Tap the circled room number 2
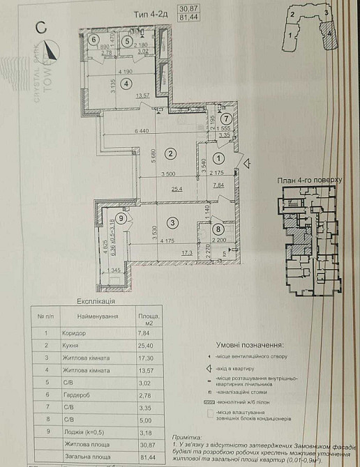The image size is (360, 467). click(168, 154)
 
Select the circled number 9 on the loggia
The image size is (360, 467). click(122, 219)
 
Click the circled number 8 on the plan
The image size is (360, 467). click(218, 227)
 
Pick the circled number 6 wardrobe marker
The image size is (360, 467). click(94, 40)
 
